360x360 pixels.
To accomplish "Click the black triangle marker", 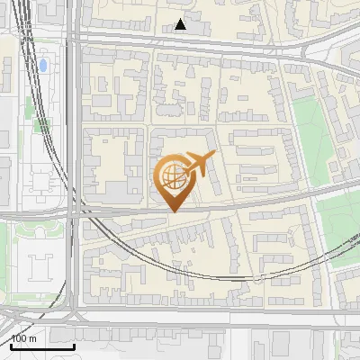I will pos(181,24).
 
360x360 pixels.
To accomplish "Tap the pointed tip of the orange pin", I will pos(172,211).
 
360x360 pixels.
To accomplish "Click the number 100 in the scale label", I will pos(19,339).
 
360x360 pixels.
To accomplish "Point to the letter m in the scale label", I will pos(33,339).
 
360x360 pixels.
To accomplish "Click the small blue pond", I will pos(43,66).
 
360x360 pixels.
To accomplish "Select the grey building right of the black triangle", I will pos(200,28).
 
